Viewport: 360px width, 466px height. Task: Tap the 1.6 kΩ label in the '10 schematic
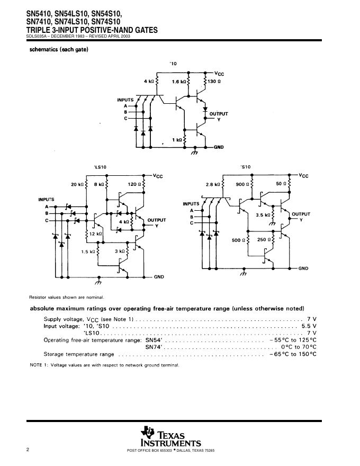(x=179, y=82)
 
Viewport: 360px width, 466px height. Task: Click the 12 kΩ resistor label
(x=95, y=234)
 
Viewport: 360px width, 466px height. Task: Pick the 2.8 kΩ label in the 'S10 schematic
(x=213, y=184)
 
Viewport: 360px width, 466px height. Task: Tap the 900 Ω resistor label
(x=243, y=184)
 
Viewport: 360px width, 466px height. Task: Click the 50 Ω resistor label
(x=281, y=184)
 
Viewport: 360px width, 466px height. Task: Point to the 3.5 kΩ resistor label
(x=263, y=215)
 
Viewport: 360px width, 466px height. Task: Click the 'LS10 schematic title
(x=100, y=167)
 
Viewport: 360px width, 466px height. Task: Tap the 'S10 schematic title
(x=245, y=167)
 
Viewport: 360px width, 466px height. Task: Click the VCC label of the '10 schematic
(x=219, y=74)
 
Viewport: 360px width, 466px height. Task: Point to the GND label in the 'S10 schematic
(x=303, y=268)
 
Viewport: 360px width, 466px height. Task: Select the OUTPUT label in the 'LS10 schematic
(x=156, y=220)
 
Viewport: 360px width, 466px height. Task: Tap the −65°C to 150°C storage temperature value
(x=293, y=354)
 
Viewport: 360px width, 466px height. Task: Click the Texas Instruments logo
(x=170, y=436)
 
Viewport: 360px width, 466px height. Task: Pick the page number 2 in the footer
(x=28, y=450)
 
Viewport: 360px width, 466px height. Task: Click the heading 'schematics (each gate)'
(x=58, y=50)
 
